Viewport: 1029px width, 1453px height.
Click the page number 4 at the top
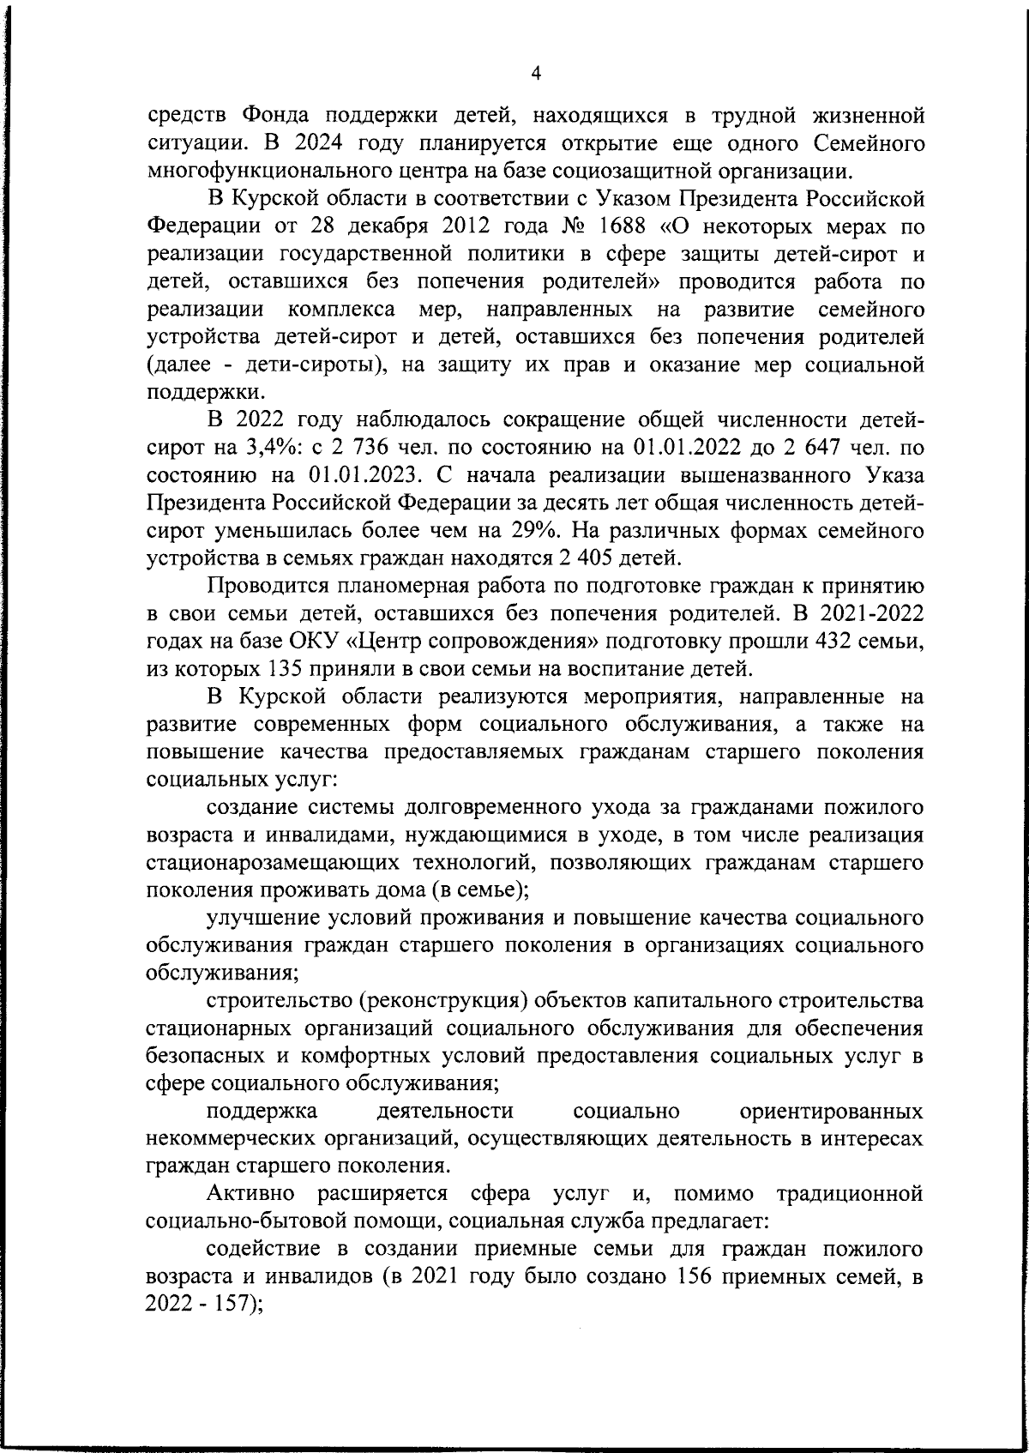coord(536,74)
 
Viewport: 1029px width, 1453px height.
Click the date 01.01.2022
coord(690,447)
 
